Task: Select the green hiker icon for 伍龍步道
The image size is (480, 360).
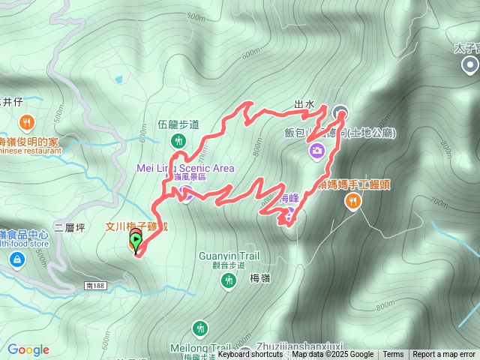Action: (x=178, y=140)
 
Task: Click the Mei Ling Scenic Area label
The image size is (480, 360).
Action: (x=185, y=168)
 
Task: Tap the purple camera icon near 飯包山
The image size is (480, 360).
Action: (x=317, y=151)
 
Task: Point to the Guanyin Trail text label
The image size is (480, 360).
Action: (x=229, y=256)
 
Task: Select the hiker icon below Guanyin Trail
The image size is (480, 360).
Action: (x=229, y=280)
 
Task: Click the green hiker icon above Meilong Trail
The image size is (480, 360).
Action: (x=199, y=328)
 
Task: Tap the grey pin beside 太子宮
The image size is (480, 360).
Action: (x=470, y=66)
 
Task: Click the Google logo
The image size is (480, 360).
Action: (x=28, y=349)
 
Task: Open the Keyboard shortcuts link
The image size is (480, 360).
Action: (x=250, y=354)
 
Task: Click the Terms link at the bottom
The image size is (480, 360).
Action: (x=393, y=354)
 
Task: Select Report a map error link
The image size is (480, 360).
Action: (x=443, y=354)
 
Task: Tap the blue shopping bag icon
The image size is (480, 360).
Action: (x=16, y=259)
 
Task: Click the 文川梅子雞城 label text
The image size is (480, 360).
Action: (x=136, y=226)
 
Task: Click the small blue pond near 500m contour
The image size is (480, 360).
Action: (x=118, y=78)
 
